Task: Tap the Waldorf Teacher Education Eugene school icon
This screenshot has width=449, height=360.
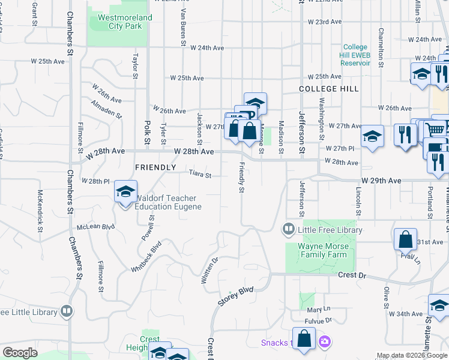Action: click(125, 193)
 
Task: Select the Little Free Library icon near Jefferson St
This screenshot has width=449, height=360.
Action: click(288, 229)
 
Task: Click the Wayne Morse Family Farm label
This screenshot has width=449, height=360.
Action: click(324, 250)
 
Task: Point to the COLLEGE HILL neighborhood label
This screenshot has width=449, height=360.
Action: click(329, 89)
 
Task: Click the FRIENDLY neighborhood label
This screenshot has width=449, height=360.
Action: click(155, 167)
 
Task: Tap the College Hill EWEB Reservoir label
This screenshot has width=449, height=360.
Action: click(355, 55)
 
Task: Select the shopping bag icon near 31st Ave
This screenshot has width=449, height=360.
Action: click(405, 239)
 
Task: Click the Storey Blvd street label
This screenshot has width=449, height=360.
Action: click(236, 297)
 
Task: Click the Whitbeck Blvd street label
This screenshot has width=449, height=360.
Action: click(147, 256)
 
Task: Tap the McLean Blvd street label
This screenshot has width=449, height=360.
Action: click(95, 227)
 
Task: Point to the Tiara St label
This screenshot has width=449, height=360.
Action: click(200, 175)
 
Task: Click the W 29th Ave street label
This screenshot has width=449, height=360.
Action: click(381, 181)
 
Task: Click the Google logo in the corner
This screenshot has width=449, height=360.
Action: click(20, 353)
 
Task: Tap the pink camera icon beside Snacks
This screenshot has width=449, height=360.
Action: click(325, 342)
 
